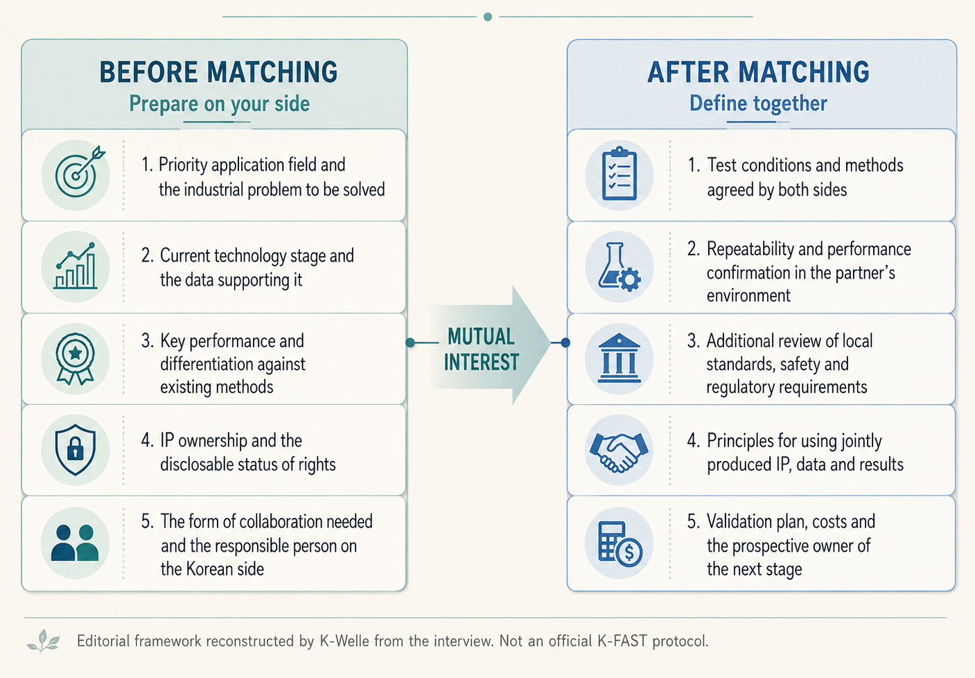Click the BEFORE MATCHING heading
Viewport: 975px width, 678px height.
(218, 72)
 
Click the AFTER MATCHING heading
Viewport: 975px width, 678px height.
(758, 72)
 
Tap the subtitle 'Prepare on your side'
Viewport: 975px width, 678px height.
(220, 104)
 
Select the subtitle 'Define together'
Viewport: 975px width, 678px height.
(758, 103)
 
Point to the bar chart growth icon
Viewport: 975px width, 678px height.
(76, 266)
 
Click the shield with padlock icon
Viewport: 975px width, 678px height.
(76, 449)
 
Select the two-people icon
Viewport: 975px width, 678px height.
(75, 543)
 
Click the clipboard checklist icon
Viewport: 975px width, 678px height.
(619, 173)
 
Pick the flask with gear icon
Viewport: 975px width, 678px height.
(619, 266)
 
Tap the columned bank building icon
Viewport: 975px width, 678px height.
(619, 358)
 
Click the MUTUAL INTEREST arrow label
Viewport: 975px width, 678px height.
(482, 349)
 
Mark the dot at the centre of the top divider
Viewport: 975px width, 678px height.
(488, 17)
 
